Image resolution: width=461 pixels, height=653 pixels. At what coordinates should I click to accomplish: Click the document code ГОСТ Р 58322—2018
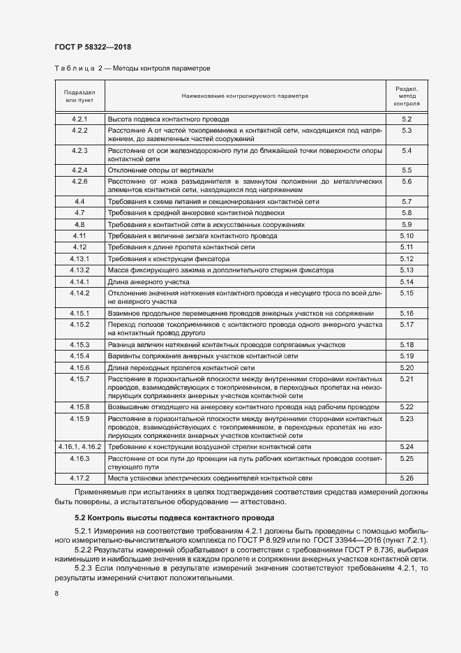(92, 47)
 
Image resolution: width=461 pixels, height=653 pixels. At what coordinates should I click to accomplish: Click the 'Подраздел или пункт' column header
(80, 96)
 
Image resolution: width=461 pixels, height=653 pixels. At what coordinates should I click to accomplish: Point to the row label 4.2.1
(80, 120)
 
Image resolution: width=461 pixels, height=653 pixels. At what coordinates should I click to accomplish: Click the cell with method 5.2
(407, 120)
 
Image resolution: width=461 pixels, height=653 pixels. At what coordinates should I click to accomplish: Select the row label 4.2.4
(80, 170)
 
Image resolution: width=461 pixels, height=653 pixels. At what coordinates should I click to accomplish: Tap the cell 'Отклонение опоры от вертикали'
(160, 170)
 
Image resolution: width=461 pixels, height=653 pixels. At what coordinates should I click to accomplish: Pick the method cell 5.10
(407, 236)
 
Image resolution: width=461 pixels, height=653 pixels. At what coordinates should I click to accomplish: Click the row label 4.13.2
(80, 270)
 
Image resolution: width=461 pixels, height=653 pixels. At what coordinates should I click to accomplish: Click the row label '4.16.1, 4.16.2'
(80, 446)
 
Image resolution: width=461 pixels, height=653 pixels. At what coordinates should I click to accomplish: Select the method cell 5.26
(407, 478)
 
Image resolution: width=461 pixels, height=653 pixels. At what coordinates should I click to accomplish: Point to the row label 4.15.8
(80, 406)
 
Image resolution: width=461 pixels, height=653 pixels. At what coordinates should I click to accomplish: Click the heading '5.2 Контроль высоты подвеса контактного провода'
(174, 518)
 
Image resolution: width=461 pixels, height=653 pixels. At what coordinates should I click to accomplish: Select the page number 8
(56, 594)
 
